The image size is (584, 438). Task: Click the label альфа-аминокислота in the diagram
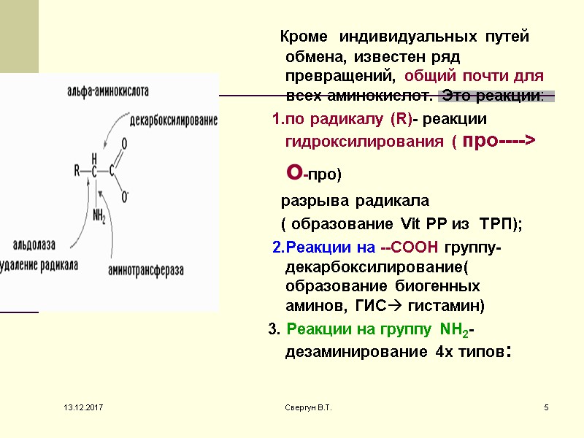[x=108, y=93]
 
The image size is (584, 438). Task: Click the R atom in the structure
[x=77, y=172]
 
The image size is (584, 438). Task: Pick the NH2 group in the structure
[x=99, y=216]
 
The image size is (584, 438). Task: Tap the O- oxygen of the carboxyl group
[x=126, y=195]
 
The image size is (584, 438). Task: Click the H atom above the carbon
[x=94, y=157]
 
